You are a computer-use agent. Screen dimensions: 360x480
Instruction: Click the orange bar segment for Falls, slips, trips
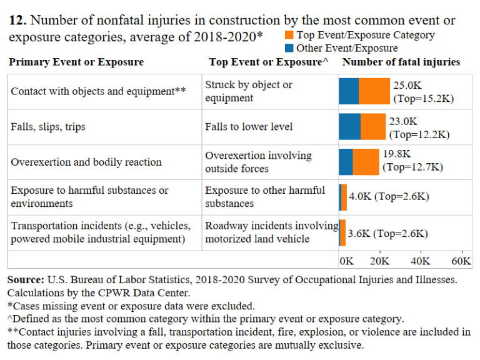click(x=373, y=126)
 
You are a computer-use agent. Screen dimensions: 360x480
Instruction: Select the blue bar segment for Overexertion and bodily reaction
click(x=346, y=162)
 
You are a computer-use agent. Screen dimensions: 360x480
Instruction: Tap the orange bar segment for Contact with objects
click(x=374, y=91)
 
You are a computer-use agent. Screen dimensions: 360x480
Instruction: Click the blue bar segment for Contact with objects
click(x=349, y=91)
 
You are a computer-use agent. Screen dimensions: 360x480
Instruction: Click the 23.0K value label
click(x=403, y=121)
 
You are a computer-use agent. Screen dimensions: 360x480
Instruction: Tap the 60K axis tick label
click(x=461, y=261)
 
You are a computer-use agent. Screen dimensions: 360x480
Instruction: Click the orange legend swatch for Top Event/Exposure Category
click(x=289, y=36)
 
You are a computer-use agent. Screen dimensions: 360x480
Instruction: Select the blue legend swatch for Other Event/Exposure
click(x=289, y=48)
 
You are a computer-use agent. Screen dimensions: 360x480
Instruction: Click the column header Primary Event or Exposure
click(x=77, y=62)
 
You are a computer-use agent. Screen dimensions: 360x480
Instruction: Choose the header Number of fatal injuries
click(x=401, y=62)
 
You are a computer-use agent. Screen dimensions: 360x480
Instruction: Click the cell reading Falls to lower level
click(x=249, y=127)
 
